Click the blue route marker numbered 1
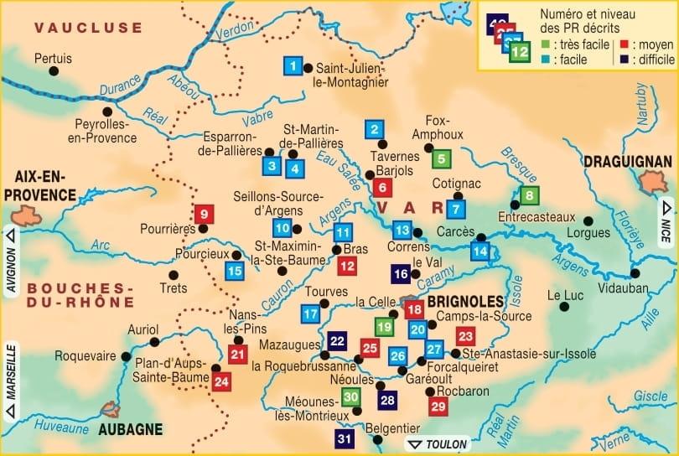pos(292,65)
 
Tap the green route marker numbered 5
pos(442,158)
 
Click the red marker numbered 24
pos(221,382)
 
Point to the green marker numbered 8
pos(529,196)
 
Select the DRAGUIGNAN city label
pos(628,161)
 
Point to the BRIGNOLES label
pos(465,300)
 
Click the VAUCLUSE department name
pos(88,28)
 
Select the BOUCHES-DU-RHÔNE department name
pos(80,296)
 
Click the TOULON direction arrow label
pos(433,444)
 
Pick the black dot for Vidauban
pos(635,272)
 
